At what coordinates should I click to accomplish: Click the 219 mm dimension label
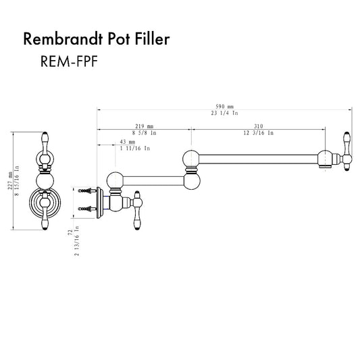click(x=145, y=126)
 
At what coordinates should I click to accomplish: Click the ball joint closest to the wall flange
click(x=115, y=180)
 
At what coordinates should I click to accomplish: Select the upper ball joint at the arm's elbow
click(x=191, y=159)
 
